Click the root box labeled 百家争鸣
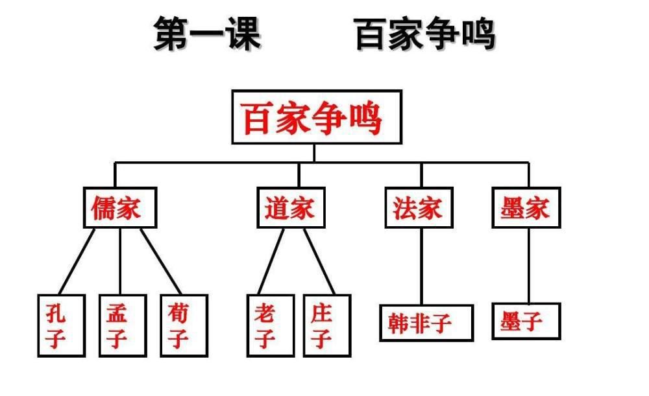pos(316,117)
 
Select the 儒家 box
pos(121,208)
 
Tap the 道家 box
pos(291,208)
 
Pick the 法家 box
pos(419,208)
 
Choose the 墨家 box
pos(526,208)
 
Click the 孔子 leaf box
pos(61,325)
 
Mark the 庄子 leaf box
pos(326,325)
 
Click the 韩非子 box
pos(426,322)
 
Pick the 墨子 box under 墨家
pos(526,320)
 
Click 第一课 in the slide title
pos(207,34)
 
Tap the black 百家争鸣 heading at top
pos(425,34)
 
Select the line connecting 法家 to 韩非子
pos(421,266)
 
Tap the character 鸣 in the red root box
pos(365,117)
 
